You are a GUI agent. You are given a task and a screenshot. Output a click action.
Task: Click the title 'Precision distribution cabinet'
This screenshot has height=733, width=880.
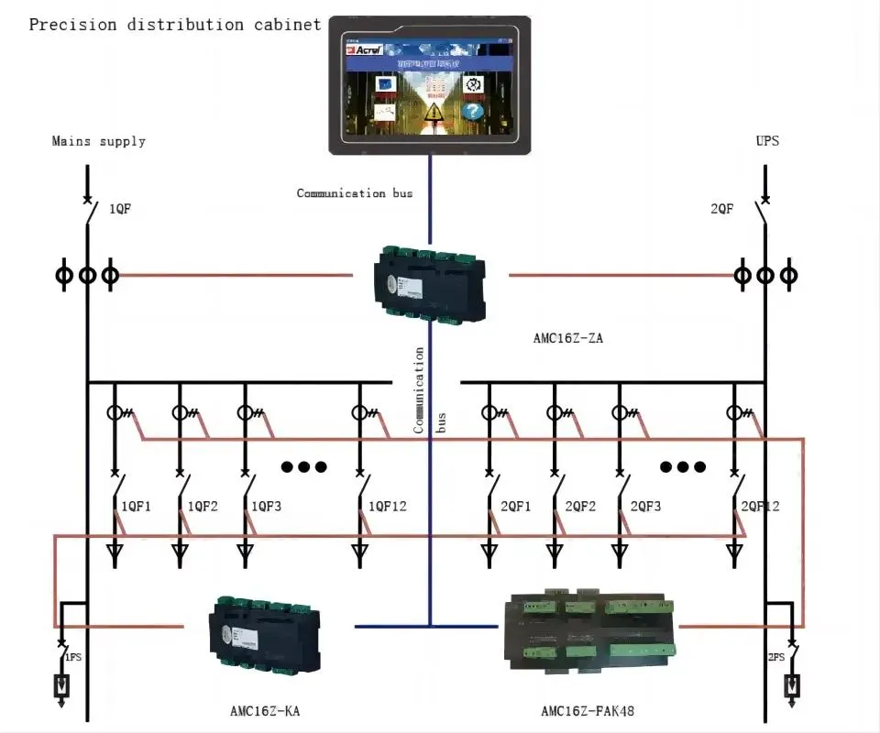pos(175,25)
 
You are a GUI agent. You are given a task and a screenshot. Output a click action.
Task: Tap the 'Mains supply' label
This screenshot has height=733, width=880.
pos(99,141)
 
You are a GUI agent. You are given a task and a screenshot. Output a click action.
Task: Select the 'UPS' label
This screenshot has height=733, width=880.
pos(767,141)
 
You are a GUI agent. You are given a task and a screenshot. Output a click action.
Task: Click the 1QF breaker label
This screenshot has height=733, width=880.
pos(120,209)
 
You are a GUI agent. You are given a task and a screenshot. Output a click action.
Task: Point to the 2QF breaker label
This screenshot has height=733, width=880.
pos(722,209)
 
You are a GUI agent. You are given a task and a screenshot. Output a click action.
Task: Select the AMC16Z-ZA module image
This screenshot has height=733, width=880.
pos(430,282)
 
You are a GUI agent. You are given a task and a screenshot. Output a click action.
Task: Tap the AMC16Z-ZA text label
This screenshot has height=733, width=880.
pos(568,338)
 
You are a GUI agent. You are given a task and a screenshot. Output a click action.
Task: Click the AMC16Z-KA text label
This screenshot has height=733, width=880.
pos(265,710)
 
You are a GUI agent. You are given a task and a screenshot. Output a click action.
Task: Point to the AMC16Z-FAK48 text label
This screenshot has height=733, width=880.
pos(587,710)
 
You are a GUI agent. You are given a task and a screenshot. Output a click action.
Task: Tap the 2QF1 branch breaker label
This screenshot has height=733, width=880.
pos(515,506)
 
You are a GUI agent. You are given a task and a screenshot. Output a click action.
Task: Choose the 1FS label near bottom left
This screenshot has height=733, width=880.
pos(72,657)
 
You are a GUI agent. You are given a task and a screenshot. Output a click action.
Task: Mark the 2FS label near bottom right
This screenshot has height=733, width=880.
pos(775,657)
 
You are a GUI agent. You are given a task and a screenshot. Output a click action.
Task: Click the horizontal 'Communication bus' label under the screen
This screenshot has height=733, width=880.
pos(355,193)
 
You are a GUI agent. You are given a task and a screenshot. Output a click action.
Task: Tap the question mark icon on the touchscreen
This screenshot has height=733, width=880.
pos(472,112)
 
